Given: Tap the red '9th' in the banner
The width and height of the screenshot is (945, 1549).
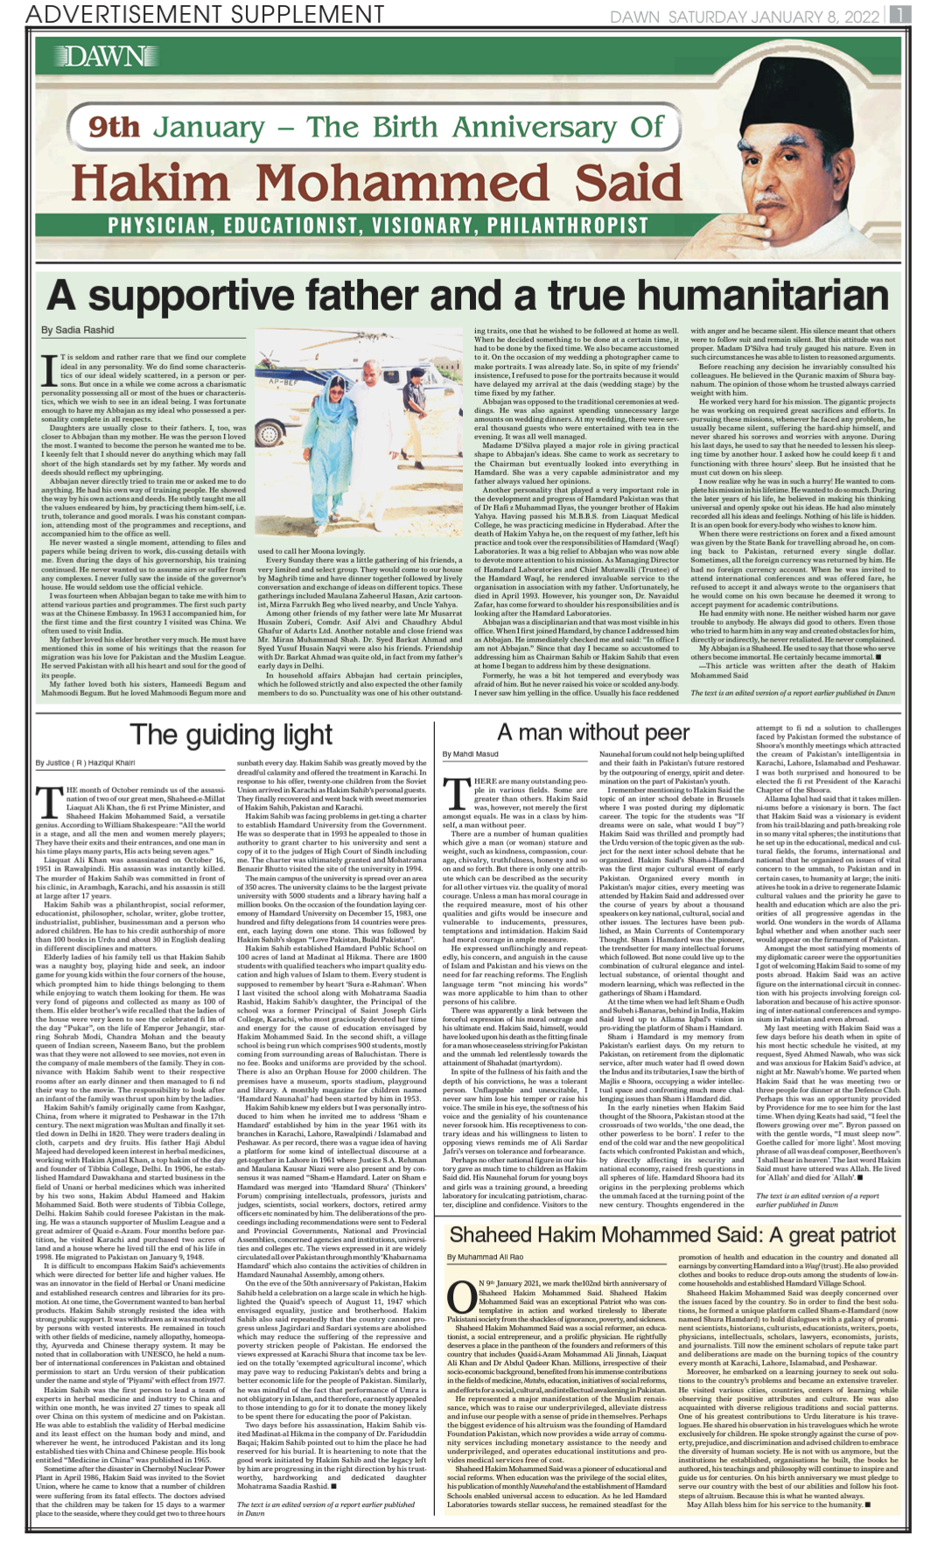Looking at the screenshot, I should (115, 128).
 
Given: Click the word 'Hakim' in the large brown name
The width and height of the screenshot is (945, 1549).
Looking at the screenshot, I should (150, 183).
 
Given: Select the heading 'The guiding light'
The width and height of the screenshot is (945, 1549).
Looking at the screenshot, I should (231, 734).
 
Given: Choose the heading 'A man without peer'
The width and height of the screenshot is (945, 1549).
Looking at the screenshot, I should (593, 732).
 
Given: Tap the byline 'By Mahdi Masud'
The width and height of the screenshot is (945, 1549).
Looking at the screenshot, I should (470, 753).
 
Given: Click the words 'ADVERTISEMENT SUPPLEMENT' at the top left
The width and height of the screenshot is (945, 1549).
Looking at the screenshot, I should (205, 14).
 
